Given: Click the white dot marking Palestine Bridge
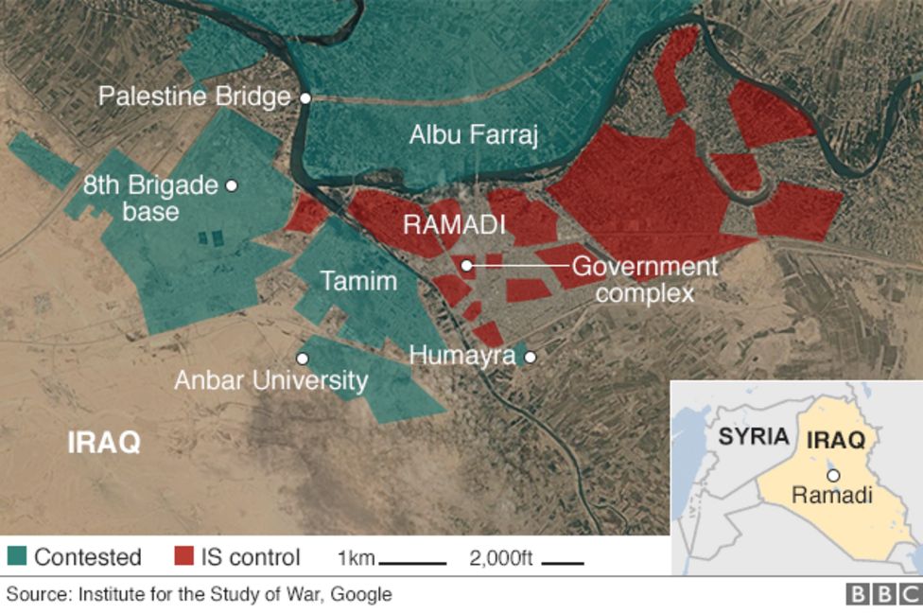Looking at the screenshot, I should point(305,97).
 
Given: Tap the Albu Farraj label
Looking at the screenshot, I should point(473,135).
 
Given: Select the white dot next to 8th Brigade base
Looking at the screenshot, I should point(232,185).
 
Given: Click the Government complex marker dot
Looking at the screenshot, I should point(467,266).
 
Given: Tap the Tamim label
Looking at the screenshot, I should point(358,281).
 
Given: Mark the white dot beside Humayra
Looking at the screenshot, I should point(531,358).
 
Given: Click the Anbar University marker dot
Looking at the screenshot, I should point(303,359).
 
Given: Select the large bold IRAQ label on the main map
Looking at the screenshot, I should point(104,442).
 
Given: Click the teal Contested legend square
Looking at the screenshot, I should point(16,556).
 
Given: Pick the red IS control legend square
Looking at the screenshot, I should point(184,556).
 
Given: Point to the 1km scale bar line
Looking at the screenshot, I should point(412,563).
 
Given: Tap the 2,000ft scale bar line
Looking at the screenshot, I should point(563,563).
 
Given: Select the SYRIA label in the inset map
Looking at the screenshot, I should point(753,436).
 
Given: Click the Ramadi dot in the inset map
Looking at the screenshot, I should point(832,476).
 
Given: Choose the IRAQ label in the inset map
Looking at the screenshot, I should point(835,441).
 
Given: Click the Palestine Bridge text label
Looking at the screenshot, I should point(195,97).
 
